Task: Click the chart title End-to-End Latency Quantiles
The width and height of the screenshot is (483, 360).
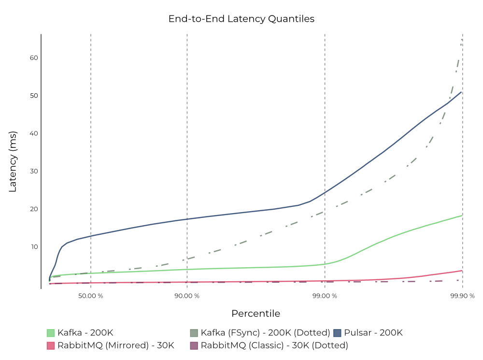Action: (241, 19)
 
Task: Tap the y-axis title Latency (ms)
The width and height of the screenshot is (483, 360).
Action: (13, 161)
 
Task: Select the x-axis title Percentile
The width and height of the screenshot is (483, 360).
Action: (256, 314)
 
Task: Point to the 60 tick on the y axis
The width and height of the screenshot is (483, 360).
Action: (34, 58)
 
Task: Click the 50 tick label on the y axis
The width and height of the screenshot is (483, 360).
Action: (34, 96)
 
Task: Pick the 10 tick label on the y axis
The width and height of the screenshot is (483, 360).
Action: (34, 247)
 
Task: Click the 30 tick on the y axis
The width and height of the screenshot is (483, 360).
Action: (34, 171)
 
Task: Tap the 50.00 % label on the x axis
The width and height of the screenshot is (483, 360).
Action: (91, 296)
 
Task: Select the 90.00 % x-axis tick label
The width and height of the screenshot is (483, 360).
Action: (187, 296)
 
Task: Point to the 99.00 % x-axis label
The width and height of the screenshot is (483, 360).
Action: (325, 296)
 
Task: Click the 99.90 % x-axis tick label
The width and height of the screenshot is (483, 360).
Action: (462, 296)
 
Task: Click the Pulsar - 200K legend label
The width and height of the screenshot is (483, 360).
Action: (373, 332)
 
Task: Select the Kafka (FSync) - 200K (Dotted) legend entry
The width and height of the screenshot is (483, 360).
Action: (265, 332)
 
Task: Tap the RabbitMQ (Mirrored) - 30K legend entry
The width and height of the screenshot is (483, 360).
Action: (115, 346)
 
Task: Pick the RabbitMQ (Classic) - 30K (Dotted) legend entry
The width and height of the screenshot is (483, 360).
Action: (274, 346)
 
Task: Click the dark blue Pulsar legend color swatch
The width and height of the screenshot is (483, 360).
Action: (337, 332)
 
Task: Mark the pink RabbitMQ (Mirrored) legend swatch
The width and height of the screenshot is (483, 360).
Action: (51, 346)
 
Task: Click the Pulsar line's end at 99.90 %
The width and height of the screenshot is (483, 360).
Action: (462, 92)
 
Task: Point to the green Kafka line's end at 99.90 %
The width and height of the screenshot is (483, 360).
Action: (462, 215)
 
